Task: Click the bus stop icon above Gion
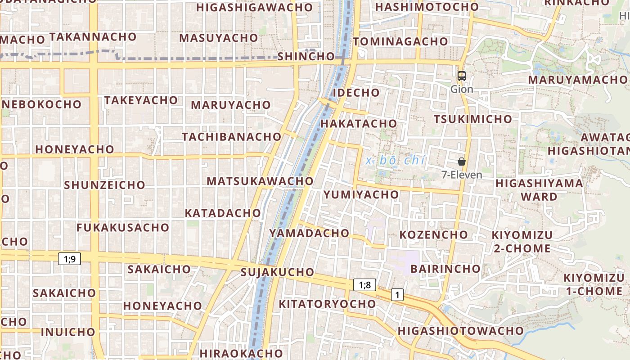pyautogui.click(x=461, y=76)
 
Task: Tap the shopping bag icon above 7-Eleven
pyautogui.click(x=461, y=162)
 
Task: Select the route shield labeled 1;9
pyautogui.click(x=69, y=259)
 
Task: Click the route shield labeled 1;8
pyautogui.click(x=364, y=284)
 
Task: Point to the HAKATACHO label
pyautogui.click(x=359, y=123)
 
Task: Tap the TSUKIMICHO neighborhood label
pyautogui.click(x=472, y=119)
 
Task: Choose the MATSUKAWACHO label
pyautogui.click(x=260, y=181)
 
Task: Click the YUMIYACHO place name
pyautogui.click(x=361, y=194)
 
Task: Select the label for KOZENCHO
pyautogui.click(x=434, y=235)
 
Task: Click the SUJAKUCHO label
pyautogui.click(x=277, y=272)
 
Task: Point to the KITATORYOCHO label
pyautogui.click(x=327, y=304)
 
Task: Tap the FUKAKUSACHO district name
pyautogui.click(x=122, y=228)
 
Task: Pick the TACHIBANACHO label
pyautogui.click(x=231, y=136)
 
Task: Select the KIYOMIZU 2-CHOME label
pyautogui.click(x=522, y=242)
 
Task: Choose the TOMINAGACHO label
pyautogui.click(x=400, y=41)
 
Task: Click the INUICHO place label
pyautogui.click(x=68, y=332)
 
